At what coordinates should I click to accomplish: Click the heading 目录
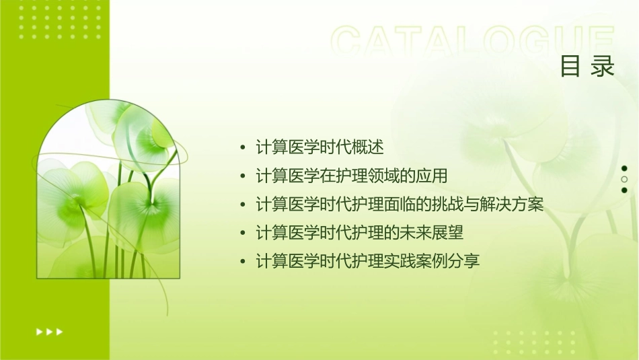pyautogui.click(x=587, y=66)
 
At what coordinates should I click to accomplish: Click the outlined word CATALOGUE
pyautogui.click(x=473, y=42)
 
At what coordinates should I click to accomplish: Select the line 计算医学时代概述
pyautogui.click(x=320, y=146)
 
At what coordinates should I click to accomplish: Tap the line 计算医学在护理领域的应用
pyautogui.click(x=352, y=176)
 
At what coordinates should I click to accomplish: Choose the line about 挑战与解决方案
pyautogui.click(x=400, y=204)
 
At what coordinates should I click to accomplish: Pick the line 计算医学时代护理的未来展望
pyautogui.click(x=360, y=233)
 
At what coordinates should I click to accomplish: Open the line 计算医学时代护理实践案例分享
pyautogui.click(x=368, y=261)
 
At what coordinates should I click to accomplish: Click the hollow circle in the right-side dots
pyautogui.click(x=624, y=180)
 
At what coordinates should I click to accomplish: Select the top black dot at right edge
pyautogui.click(x=624, y=168)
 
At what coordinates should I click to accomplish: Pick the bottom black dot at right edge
pyautogui.click(x=624, y=190)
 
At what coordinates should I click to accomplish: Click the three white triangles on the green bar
pyautogui.click(x=49, y=331)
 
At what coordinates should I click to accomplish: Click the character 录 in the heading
pyautogui.click(x=603, y=66)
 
